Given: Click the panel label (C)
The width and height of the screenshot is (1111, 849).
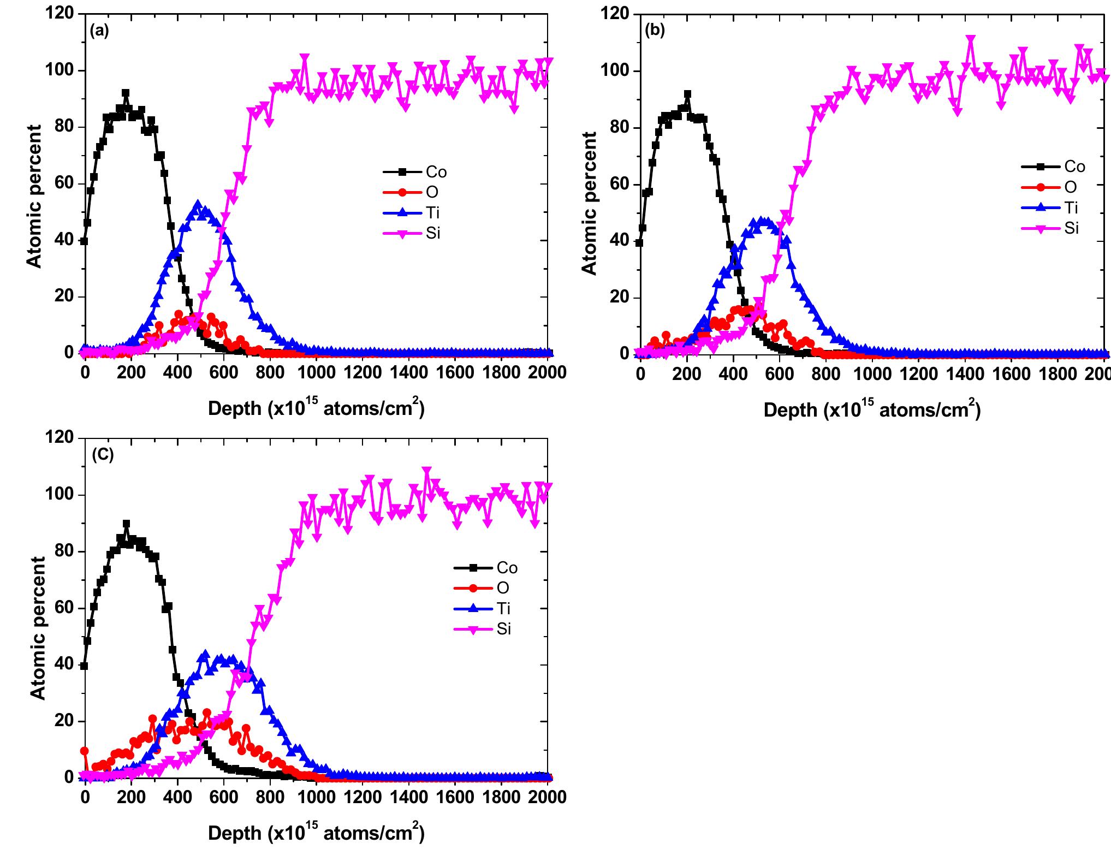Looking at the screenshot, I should pyautogui.click(x=103, y=455).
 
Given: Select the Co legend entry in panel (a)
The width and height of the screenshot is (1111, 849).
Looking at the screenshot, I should pyautogui.click(x=436, y=173).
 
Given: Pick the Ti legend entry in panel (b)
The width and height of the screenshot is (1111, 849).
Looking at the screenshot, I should pyautogui.click(x=1071, y=208).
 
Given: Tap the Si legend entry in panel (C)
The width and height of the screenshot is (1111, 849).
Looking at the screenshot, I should pyautogui.click(x=503, y=629).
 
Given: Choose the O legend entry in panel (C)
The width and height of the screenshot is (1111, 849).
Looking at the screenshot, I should pyautogui.click(x=503, y=588).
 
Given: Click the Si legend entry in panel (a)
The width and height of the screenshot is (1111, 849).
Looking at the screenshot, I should pyautogui.click(x=433, y=234).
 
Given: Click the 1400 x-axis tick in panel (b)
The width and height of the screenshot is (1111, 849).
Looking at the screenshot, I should pyautogui.click(x=965, y=373).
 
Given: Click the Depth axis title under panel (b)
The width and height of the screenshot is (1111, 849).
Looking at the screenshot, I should pyautogui.click(x=871, y=410).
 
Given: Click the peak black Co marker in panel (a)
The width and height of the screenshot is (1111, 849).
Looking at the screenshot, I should pyautogui.click(x=126, y=93).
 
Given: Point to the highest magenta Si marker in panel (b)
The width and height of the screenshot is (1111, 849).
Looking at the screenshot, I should pyautogui.click(x=970, y=40).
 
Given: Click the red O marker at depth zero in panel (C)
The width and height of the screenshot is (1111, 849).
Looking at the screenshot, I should pyautogui.click(x=84, y=751).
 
